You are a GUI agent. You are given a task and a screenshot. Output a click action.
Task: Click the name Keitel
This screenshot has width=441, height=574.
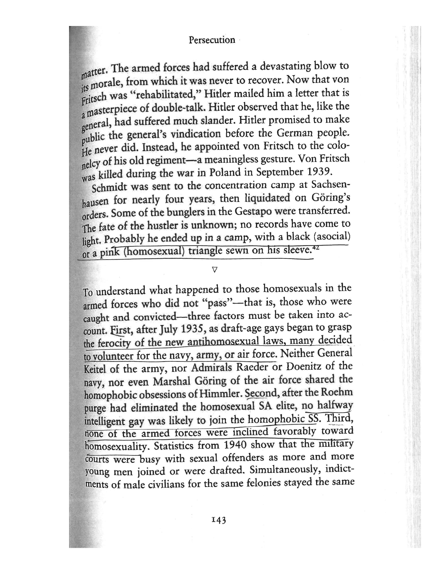95,369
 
